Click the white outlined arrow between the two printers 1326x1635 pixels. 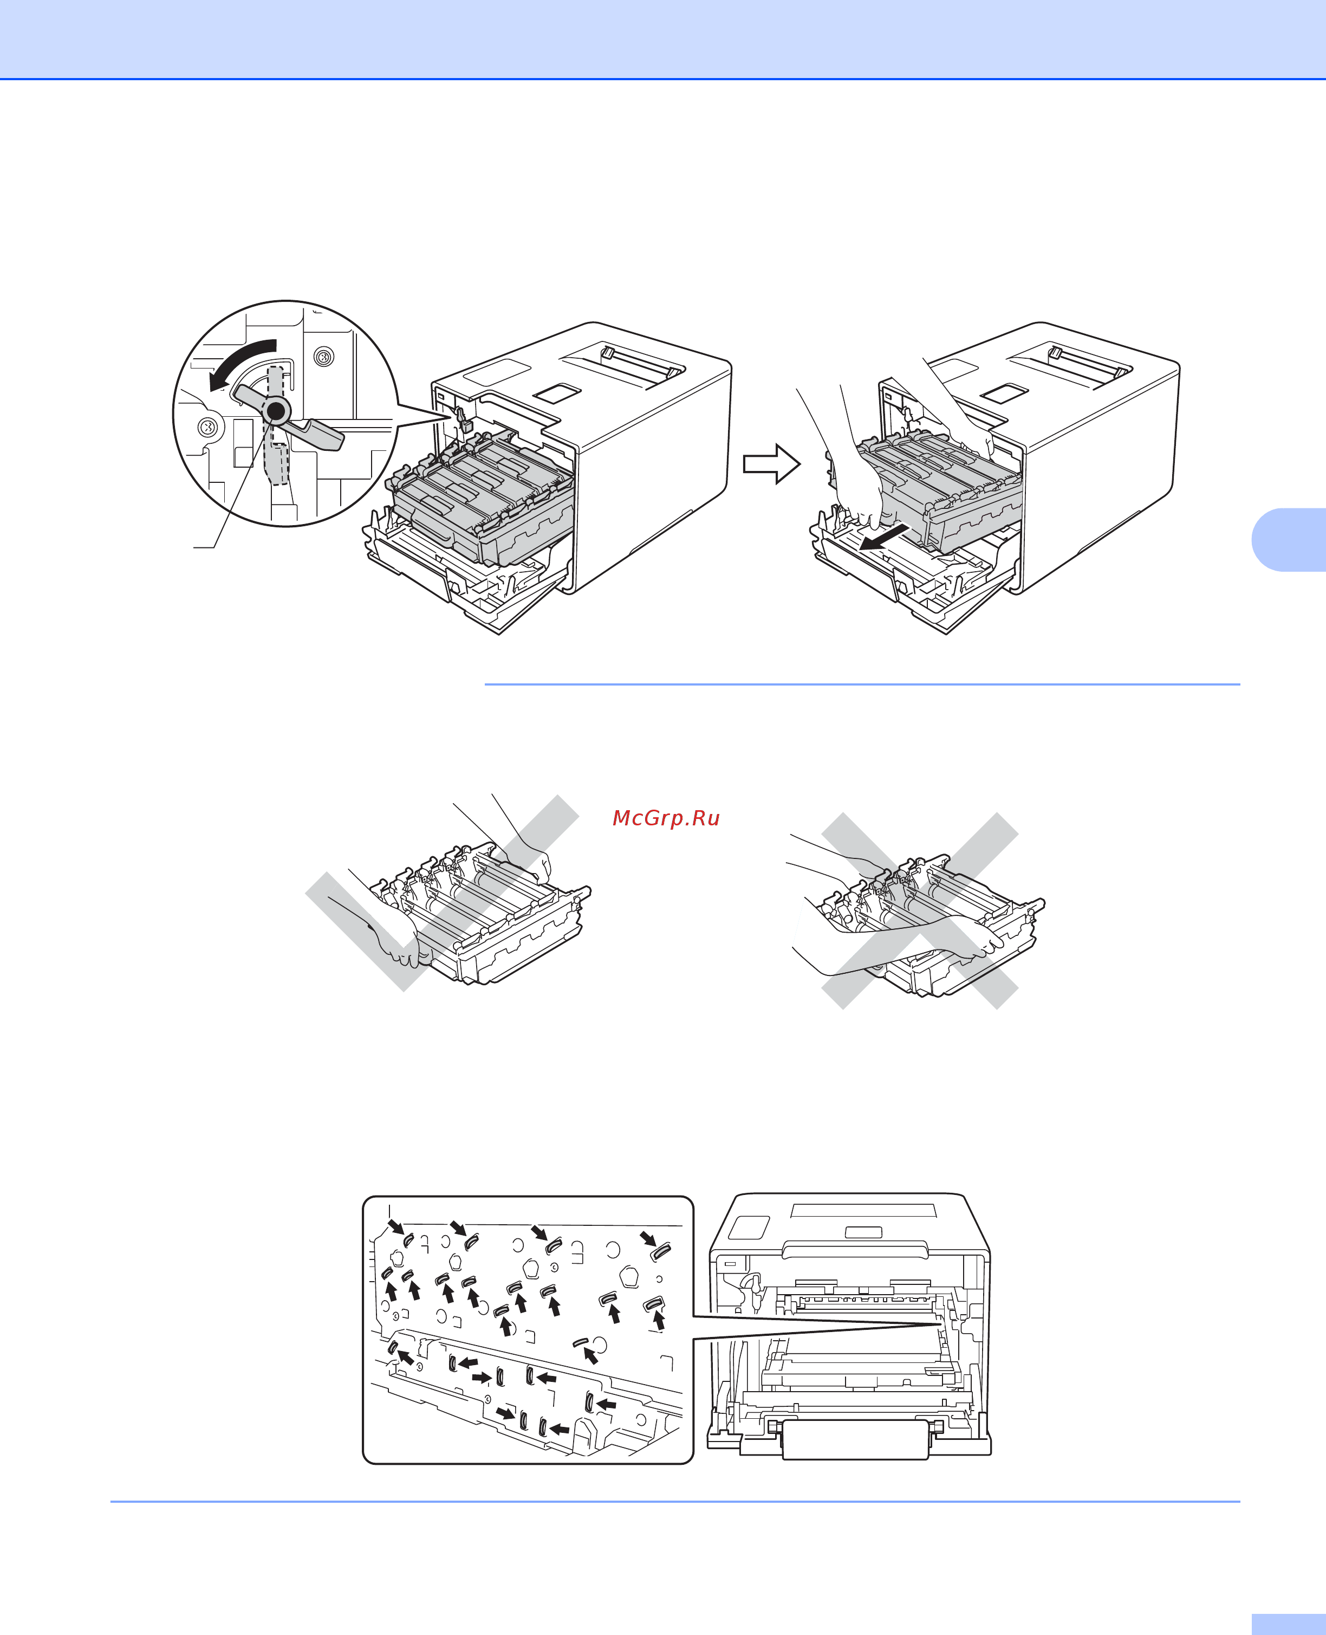click(x=771, y=464)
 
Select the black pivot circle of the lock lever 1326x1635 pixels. click(x=276, y=412)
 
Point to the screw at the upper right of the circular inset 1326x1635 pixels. click(x=324, y=357)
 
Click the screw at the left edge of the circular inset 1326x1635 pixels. click(x=207, y=426)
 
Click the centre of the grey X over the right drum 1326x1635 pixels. click(x=920, y=910)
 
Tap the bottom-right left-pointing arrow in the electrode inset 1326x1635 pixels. click(x=560, y=1428)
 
